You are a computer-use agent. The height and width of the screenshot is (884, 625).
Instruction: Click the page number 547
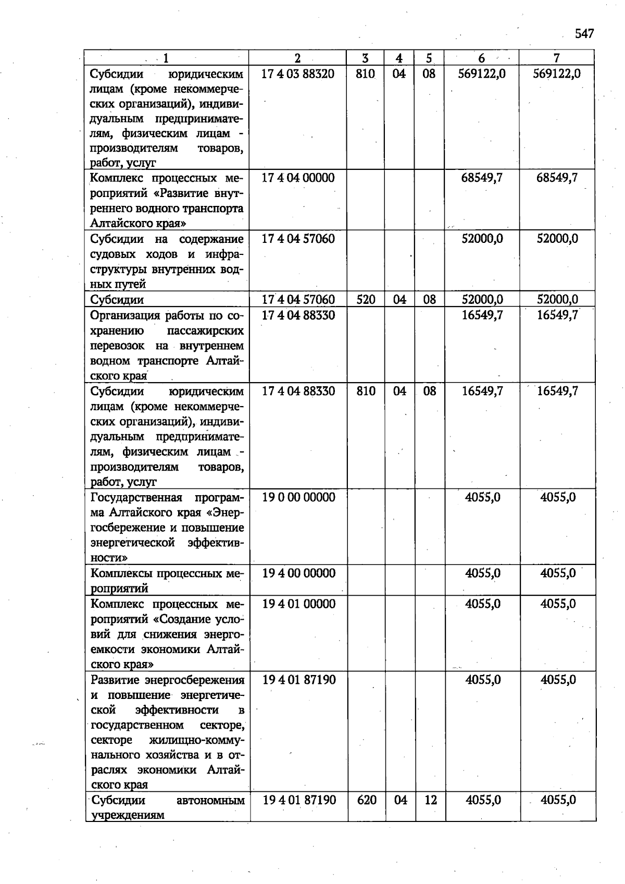(584, 34)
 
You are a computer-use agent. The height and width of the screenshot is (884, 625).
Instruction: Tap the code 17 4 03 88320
(298, 73)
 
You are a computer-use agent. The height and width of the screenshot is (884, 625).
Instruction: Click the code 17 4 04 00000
(298, 178)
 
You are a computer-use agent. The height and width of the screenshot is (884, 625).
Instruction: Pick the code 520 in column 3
(366, 299)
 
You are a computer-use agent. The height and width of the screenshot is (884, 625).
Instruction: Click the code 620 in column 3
(367, 800)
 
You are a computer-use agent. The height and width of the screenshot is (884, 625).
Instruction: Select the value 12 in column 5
(430, 800)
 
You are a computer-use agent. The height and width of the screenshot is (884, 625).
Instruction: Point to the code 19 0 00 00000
(298, 497)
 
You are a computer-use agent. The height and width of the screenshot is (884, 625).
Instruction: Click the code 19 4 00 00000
(298, 573)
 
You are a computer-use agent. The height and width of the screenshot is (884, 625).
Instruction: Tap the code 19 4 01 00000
(298, 604)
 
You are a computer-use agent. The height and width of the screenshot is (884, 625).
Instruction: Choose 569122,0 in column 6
(482, 73)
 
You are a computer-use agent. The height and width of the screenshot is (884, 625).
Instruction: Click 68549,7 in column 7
(557, 178)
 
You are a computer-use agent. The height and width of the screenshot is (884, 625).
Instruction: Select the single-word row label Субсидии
(117, 300)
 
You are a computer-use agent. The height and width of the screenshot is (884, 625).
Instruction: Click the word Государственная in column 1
(136, 497)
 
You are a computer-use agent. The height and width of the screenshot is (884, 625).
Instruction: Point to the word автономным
(210, 800)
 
